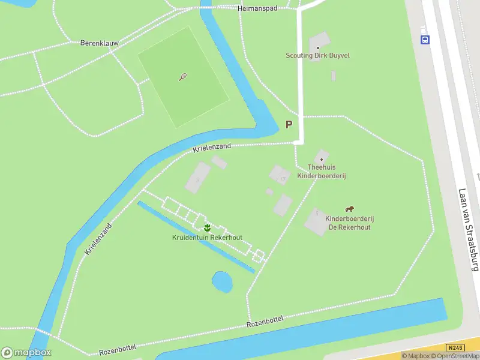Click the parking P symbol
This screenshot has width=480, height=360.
tap(289, 125)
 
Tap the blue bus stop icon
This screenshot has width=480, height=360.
tap(425, 40)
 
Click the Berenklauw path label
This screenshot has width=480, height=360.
tap(100, 43)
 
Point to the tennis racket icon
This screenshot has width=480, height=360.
tap(183, 77)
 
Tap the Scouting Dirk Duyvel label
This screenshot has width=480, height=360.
tap(317, 56)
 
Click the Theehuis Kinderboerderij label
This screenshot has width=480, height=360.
tap(322, 172)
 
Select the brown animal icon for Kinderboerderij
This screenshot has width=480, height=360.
tap(349, 209)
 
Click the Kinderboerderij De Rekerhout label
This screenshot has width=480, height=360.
tap(348, 223)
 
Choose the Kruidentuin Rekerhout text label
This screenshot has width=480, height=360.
tap(208, 238)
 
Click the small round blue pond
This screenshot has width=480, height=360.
tap(222, 281)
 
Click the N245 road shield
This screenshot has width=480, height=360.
tap(455, 347)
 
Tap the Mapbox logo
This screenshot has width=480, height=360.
tap(26, 353)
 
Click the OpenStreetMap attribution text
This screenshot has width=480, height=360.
tap(457, 356)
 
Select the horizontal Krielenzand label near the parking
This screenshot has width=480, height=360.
tap(211, 146)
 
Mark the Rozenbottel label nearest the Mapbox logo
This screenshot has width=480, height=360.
tap(118, 348)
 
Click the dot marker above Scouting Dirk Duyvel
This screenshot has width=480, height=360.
tap(318, 48)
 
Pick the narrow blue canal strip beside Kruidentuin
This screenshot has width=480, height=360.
tap(196, 237)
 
